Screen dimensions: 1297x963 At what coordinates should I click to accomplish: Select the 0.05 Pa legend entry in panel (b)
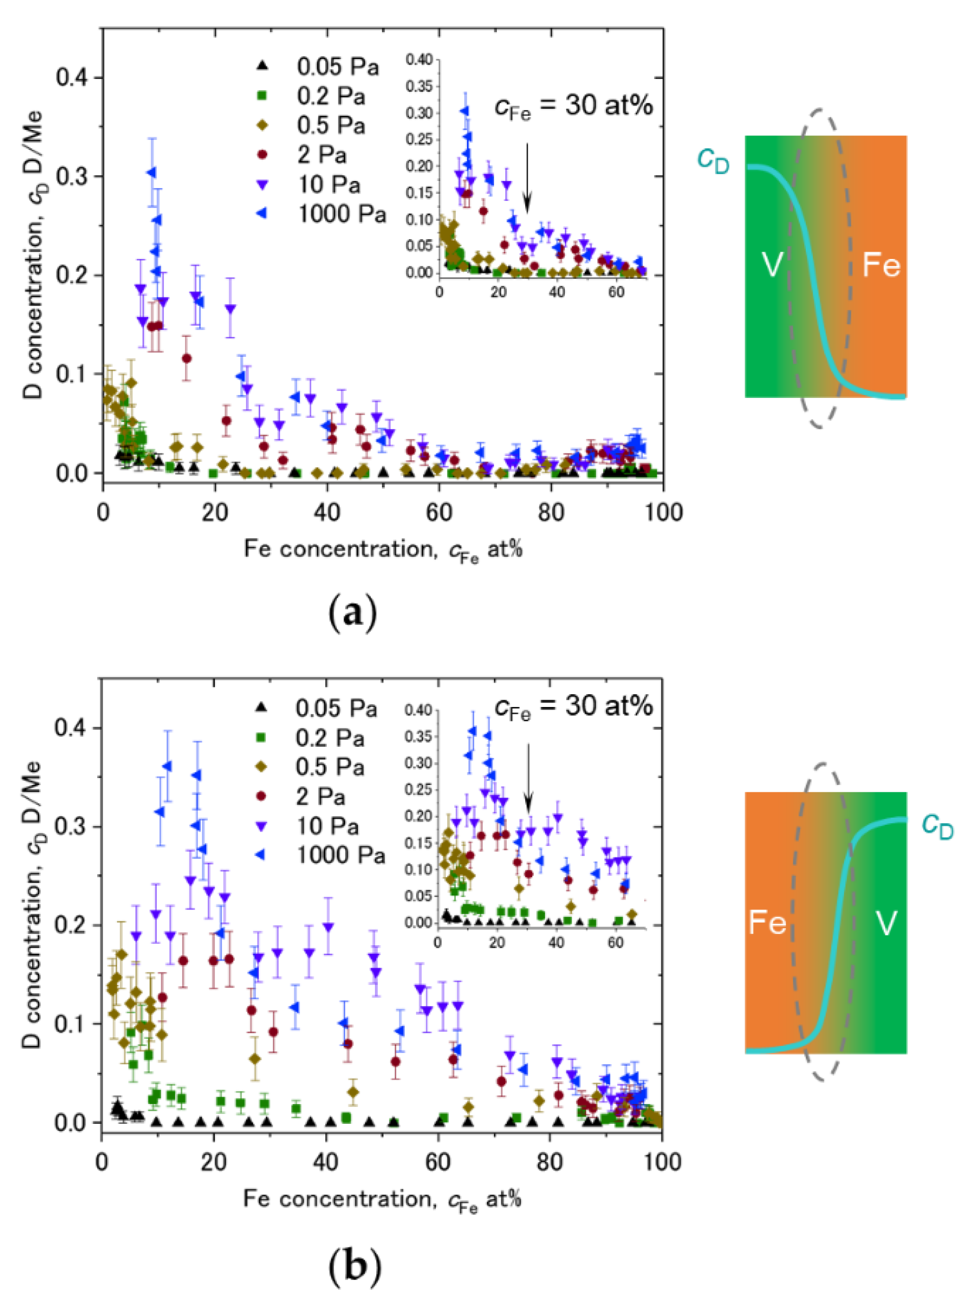click(335, 708)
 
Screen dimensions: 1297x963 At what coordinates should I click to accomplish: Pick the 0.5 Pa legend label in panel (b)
click(330, 767)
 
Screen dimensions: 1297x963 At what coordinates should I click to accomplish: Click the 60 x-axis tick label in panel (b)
click(437, 1161)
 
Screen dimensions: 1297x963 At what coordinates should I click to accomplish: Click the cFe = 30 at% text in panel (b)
click(574, 707)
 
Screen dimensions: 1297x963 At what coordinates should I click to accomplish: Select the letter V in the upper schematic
click(773, 265)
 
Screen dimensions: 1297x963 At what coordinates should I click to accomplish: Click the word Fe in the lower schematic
click(767, 923)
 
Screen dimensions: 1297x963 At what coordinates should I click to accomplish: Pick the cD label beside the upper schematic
click(713, 160)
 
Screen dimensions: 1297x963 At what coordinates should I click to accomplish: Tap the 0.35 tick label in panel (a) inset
click(420, 86)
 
